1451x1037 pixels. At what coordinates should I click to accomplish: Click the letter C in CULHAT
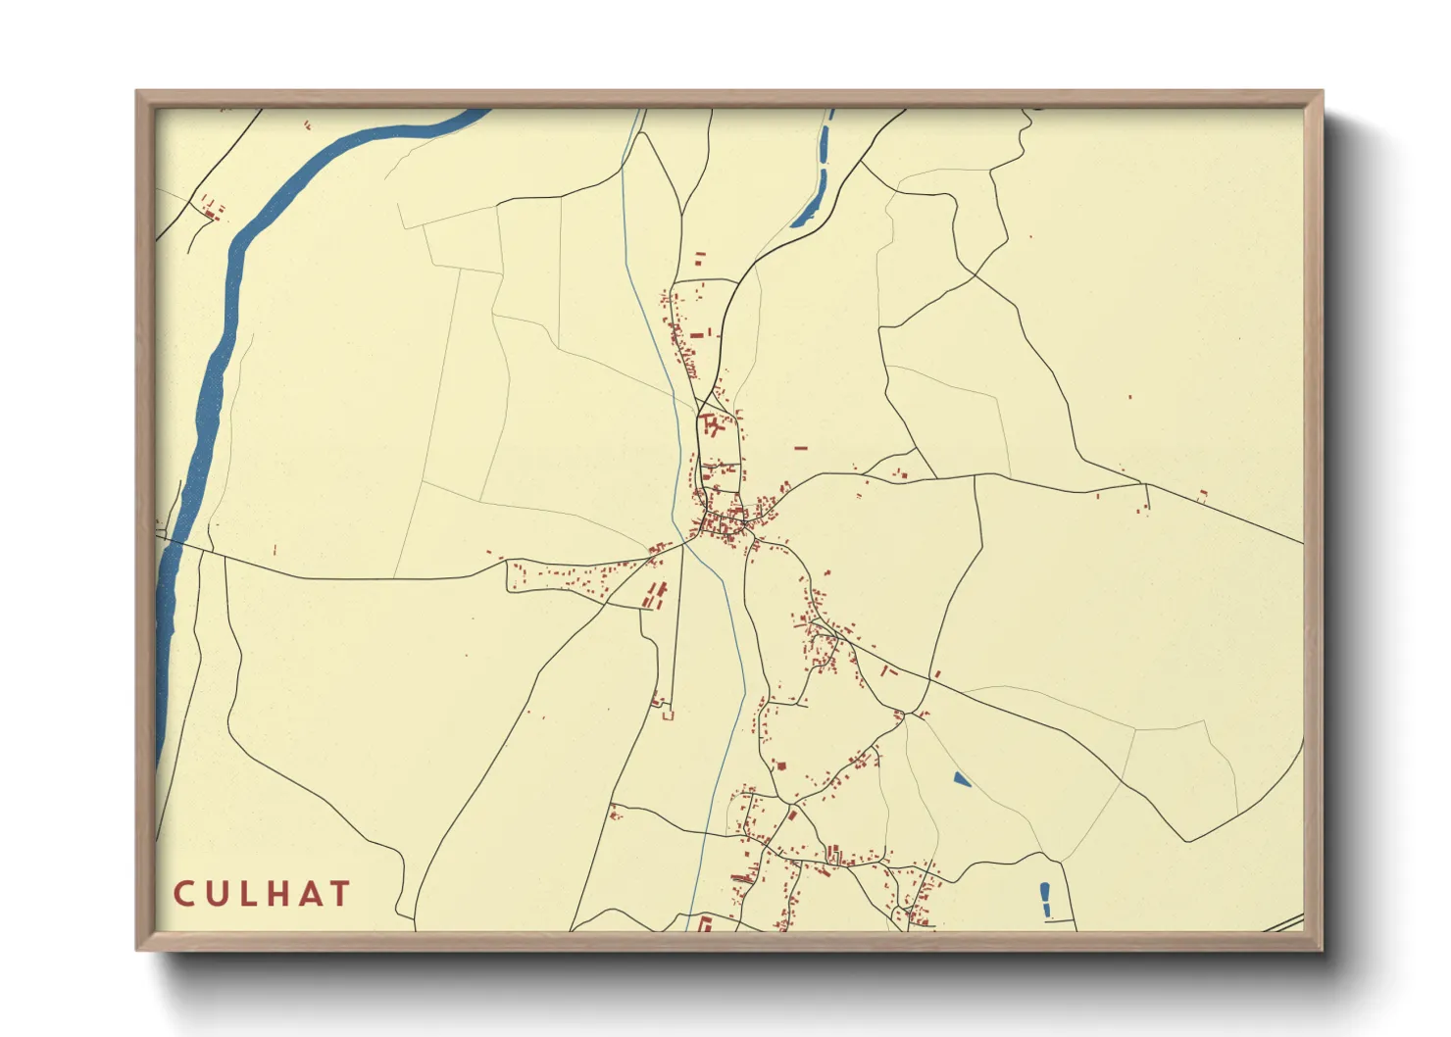coord(184,894)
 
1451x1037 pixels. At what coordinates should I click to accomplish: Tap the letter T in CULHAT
coord(339,894)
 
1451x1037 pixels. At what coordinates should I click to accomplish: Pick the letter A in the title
coord(308,894)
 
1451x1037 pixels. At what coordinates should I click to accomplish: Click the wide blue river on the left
coord(211,392)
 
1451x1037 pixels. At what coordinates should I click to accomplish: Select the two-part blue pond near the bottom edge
coord(1046,900)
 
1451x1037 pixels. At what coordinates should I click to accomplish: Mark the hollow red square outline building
coord(669,716)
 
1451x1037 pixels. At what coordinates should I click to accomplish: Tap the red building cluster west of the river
coord(211,207)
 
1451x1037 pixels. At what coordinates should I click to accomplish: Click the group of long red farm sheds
coord(655,595)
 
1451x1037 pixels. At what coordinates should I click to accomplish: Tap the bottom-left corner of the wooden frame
coord(138,949)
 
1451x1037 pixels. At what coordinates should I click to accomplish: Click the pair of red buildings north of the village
coord(700,258)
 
